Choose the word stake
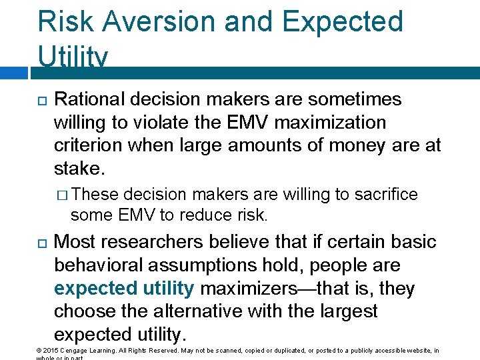tap(79, 168)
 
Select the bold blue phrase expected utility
tap(123, 289)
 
